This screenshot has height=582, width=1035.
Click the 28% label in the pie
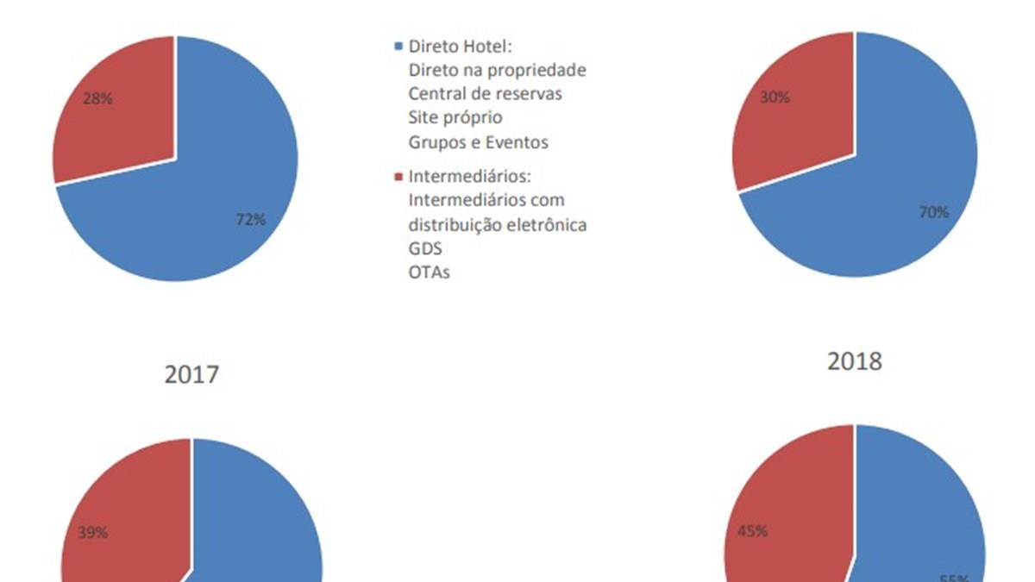coord(97,98)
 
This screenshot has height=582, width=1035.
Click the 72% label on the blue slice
coord(251,220)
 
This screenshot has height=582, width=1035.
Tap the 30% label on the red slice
coord(775,97)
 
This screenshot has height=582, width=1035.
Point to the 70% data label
coord(933,212)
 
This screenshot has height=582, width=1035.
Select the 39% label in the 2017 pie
coord(93,533)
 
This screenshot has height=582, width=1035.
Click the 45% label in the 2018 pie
coord(753,530)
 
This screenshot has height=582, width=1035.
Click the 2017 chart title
coord(191,374)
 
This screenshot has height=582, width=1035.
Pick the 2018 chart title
coord(855,361)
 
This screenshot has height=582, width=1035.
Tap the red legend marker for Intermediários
coord(398,177)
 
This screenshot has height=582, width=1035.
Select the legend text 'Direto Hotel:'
coord(461,46)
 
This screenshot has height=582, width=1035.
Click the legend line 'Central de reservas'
coord(485,93)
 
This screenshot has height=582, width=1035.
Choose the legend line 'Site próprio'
coord(455,117)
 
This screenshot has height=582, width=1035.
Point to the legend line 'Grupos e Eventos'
coord(478,141)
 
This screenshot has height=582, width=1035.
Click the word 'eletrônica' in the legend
coord(549,224)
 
